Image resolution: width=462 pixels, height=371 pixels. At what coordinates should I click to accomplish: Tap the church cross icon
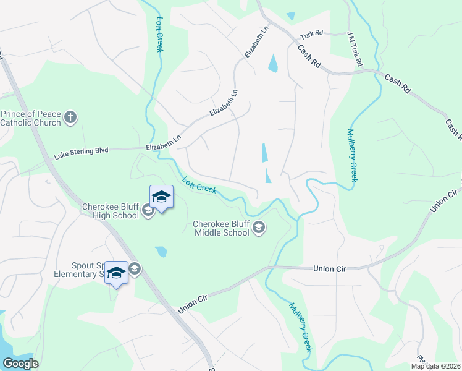point(71,117)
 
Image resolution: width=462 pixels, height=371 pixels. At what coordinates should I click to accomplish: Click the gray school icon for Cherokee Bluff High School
point(148,211)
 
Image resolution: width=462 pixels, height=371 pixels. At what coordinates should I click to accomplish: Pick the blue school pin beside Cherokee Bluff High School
point(161,198)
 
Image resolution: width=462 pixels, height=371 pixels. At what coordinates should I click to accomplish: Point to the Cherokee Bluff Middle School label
point(221,228)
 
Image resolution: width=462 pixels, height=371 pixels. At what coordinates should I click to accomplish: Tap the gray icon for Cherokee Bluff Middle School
point(259,229)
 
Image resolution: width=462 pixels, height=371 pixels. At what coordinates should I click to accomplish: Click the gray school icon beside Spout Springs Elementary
point(135,268)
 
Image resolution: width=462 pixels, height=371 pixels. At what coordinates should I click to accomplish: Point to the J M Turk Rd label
point(355,50)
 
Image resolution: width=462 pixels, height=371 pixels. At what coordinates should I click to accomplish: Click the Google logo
point(20,364)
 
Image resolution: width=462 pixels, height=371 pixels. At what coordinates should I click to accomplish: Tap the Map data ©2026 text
point(436,366)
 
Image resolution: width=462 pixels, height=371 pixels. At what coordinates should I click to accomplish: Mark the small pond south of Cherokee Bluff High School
point(161,251)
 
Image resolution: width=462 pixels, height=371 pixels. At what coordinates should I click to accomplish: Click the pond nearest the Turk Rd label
point(272,63)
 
